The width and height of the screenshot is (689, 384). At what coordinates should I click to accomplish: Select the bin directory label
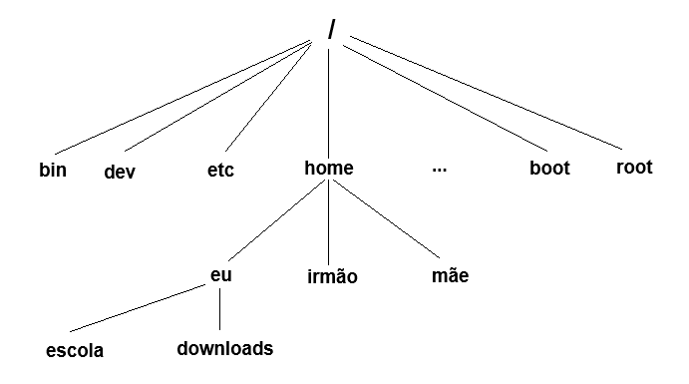coord(53,170)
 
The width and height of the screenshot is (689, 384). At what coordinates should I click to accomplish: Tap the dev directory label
coord(120,172)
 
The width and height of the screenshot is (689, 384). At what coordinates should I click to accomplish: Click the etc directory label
coord(220,171)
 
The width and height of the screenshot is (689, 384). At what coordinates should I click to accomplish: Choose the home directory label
coord(328,169)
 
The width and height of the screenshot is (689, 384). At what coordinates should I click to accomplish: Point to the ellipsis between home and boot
coord(440,170)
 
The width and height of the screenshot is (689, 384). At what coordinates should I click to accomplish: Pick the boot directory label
coord(549,169)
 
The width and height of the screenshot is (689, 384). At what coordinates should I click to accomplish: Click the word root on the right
coord(634,167)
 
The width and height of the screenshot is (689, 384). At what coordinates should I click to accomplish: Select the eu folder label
coord(220,274)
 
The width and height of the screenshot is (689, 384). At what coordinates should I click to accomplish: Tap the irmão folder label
coord(332,277)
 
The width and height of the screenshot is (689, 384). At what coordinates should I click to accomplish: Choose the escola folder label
coord(75,351)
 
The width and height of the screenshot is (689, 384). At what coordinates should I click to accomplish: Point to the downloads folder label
coord(224,349)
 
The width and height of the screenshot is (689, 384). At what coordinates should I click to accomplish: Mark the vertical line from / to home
coord(328,100)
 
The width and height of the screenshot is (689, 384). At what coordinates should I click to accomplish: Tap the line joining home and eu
coord(274,223)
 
